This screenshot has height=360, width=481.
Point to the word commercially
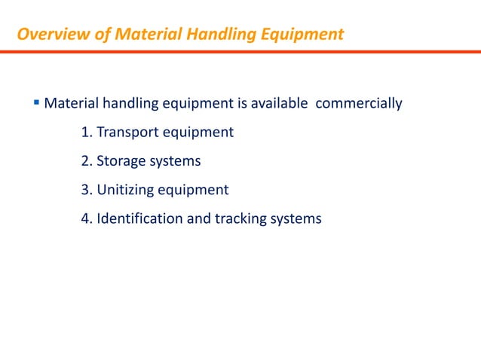coord(358,103)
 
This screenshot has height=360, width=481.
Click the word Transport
coord(127,133)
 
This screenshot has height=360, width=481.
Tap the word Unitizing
coord(124,190)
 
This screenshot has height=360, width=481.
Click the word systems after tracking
coord(296,218)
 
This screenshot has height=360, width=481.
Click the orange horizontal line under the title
coord(240,51)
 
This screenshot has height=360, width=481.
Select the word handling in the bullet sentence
coord(124,103)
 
